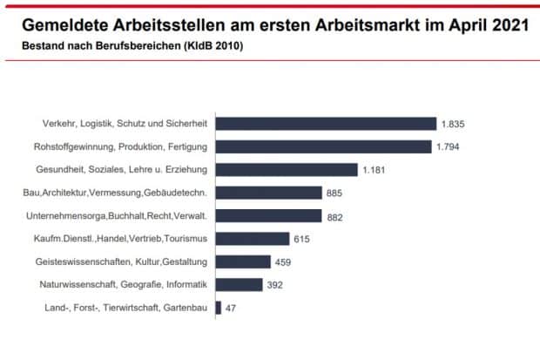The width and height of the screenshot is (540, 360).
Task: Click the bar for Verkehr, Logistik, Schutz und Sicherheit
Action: pyautogui.click(x=325, y=124)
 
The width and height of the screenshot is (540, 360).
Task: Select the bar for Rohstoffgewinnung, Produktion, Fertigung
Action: pyautogui.click(x=323, y=146)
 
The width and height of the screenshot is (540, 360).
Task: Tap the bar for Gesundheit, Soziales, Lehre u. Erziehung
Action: pyautogui.click(x=286, y=169)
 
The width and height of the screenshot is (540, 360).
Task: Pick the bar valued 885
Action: pyautogui.click(x=267, y=193)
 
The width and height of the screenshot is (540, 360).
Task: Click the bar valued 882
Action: pyautogui.click(x=267, y=215)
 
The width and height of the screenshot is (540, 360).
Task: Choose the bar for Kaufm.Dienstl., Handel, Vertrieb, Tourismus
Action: pyautogui.click(x=252, y=238)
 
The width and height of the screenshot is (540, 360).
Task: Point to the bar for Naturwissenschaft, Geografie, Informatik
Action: pyautogui.click(x=238, y=284)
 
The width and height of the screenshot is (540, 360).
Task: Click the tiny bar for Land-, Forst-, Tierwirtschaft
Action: pyautogui.click(x=218, y=307)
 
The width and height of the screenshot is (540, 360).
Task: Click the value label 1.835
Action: pyautogui.click(x=453, y=124)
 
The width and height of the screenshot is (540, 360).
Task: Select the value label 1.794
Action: pyautogui.click(x=448, y=146)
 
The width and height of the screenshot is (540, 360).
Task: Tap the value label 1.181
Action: pyautogui.click(x=374, y=169)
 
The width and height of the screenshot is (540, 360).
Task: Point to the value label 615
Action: pyautogui.click(x=301, y=238)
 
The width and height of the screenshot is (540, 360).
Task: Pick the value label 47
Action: pyautogui.click(x=231, y=307)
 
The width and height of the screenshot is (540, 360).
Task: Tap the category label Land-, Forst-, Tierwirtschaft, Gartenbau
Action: pyautogui.click(x=125, y=307)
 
